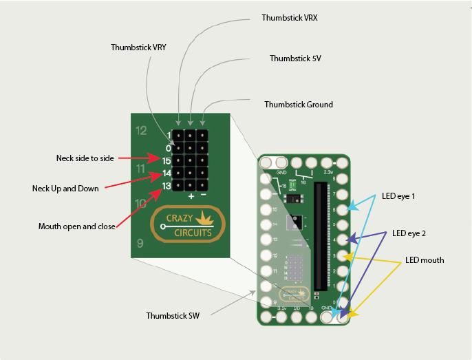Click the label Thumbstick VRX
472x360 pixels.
click(290, 17)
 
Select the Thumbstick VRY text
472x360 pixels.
click(138, 47)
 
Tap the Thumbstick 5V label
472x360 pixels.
click(295, 59)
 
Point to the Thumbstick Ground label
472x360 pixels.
click(299, 105)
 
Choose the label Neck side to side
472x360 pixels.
click(85, 158)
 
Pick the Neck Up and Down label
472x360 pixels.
click(65, 188)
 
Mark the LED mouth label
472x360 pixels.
click(424, 260)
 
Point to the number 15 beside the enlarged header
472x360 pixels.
click(167, 160)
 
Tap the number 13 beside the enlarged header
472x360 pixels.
click(167, 186)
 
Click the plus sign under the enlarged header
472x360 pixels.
click(191, 196)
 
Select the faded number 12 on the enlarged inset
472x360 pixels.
click(141, 130)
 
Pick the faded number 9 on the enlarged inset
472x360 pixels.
click(140, 243)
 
